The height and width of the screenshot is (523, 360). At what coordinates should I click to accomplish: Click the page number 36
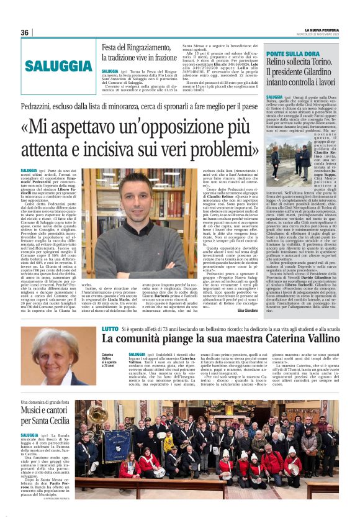click(25, 33)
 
